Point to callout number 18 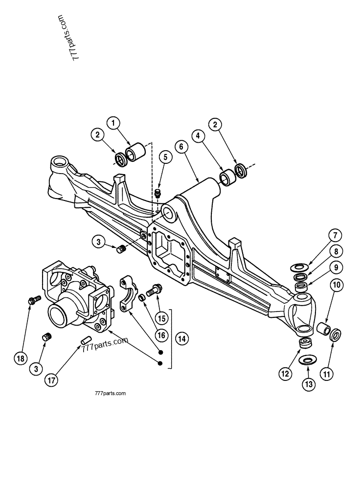[x=20, y=358]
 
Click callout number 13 [x=308, y=385]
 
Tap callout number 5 [x=165, y=157]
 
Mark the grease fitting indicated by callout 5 [x=158, y=193]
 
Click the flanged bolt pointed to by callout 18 [x=34, y=300]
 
